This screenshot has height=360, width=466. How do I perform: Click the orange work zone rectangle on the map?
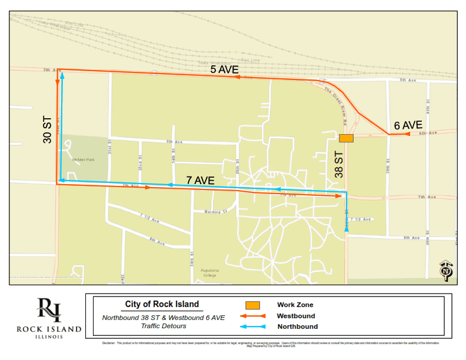coord(346,138)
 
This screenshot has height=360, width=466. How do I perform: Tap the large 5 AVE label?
coord(224,69)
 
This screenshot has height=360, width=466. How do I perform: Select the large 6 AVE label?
coord(408,125)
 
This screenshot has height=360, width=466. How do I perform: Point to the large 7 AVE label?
coord(199,180)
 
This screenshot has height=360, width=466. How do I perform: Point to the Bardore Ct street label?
coord(215,212)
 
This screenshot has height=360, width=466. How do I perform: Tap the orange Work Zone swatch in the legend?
coord(252,305)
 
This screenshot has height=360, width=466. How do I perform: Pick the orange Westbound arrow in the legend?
coord(252,316)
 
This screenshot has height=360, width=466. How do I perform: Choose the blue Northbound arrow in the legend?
coord(252,326)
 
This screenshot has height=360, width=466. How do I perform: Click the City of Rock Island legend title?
coord(162,305)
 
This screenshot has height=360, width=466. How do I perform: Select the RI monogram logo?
coord(48,310)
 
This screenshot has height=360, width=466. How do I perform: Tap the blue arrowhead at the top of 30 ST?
coord(62,75)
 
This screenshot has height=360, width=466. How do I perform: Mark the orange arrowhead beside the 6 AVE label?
coord(405,134)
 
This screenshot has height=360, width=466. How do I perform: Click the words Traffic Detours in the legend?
coord(162,325)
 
